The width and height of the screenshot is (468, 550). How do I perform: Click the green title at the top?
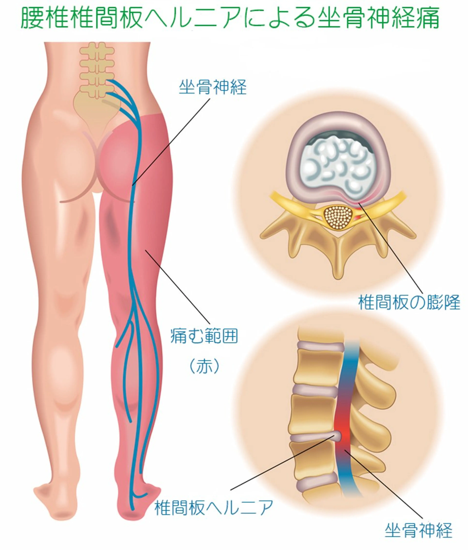[x=230, y=18]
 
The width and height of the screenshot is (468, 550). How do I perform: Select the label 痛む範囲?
[x=204, y=336]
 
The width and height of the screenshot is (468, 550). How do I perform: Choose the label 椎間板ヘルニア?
[x=214, y=508]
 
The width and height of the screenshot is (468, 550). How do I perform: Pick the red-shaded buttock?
[x=118, y=162]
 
